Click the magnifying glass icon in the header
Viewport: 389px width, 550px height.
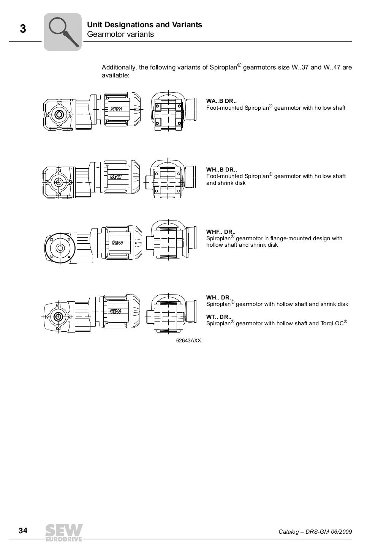click(63, 32)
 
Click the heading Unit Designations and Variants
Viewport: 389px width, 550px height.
click(144, 25)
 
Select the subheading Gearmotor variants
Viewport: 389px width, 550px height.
click(120, 35)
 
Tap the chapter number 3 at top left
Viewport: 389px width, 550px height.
click(23, 29)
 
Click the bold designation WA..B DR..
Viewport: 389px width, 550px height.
click(221, 101)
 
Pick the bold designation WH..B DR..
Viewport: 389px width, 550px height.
click(221, 170)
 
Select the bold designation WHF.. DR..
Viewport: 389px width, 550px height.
click(221, 232)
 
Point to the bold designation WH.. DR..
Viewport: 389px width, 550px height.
click(219, 298)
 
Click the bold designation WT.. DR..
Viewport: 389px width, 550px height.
click(219, 317)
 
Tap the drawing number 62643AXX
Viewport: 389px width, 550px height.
click(188, 340)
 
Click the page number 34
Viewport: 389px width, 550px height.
click(23, 531)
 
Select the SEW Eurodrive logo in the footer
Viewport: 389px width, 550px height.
click(64, 532)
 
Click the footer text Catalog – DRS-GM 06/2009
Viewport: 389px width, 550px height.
click(315, 531)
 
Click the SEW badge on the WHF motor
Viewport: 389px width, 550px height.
click(117, 243)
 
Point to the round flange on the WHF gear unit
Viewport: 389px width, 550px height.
click(60, 248)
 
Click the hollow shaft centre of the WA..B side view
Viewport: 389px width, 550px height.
click(59, 114)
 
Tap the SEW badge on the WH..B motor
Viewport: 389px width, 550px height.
click(116, 177)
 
